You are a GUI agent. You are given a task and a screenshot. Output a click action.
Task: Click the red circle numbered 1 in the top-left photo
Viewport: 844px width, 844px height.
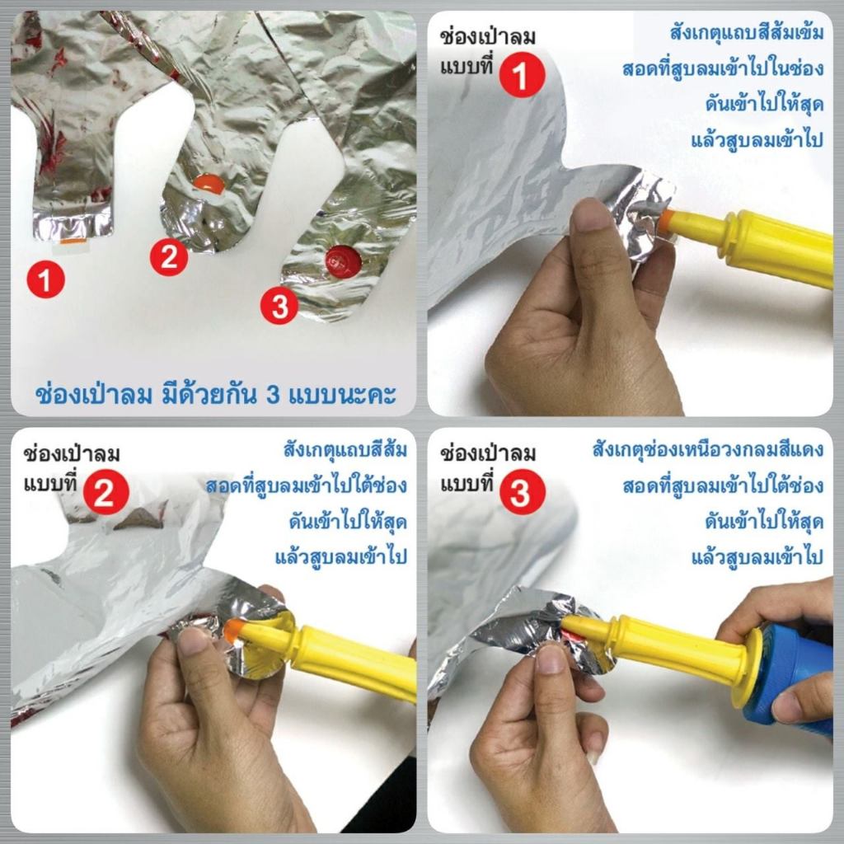point(46,280)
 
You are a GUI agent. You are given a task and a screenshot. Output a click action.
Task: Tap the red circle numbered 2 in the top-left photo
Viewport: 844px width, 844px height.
point(169,257)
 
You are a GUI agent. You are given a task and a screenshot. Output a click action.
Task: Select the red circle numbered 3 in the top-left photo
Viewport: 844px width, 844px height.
point(279,306)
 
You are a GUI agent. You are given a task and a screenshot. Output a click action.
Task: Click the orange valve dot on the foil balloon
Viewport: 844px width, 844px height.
point(209,184)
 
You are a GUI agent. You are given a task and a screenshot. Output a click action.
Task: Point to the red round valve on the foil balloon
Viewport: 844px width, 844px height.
point(344,261)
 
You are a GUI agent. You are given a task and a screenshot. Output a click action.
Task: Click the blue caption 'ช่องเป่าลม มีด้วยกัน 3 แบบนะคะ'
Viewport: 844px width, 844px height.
point(215,394)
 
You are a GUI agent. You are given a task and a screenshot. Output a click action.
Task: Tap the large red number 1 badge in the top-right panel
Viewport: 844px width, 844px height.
point(522,75)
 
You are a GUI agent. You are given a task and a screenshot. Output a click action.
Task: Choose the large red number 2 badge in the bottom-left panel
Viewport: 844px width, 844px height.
point(106,492)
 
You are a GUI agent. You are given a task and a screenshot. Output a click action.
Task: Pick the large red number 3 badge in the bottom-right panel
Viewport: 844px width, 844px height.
point(522,492)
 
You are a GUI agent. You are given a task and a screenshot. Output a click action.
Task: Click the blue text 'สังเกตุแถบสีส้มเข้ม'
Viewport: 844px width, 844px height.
point(747,33)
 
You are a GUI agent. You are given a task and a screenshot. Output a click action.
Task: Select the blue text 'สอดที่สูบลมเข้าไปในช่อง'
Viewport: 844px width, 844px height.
point(723,68)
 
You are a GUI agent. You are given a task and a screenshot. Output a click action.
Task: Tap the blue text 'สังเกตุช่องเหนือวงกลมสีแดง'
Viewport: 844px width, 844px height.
point(708,449)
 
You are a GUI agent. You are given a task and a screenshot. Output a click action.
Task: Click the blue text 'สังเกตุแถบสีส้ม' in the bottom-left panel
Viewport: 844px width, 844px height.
point(345,450)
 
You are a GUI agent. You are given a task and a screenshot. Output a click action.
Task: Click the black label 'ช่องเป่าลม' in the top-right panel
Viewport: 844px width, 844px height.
point(488,37)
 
